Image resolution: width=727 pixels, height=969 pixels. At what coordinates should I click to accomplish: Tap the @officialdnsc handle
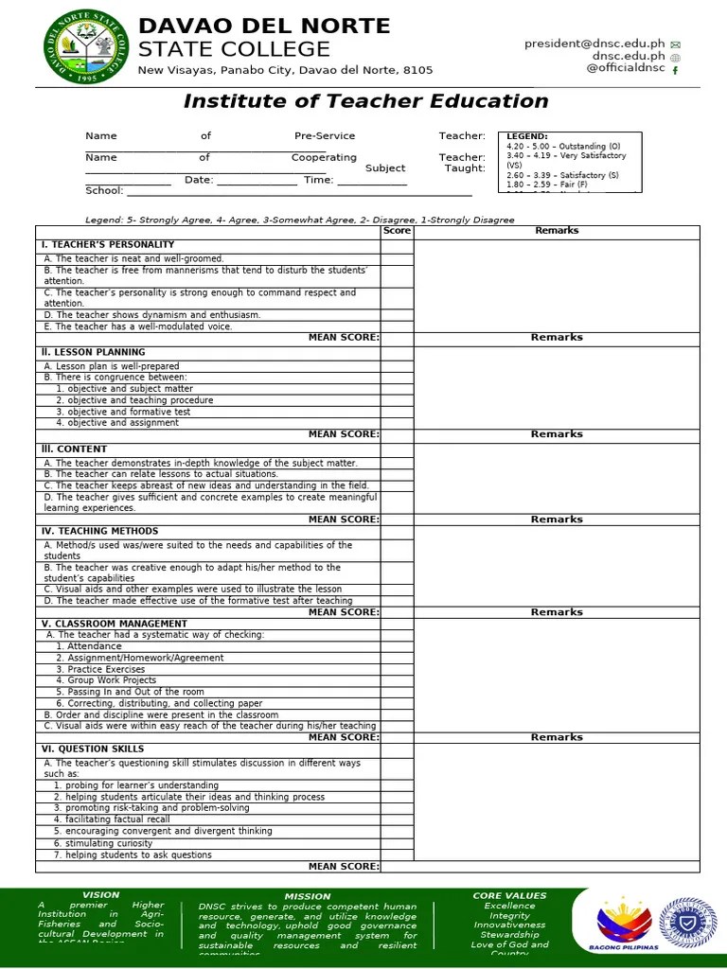point(626,68)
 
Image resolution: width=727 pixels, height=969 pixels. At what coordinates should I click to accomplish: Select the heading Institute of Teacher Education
point(365,101)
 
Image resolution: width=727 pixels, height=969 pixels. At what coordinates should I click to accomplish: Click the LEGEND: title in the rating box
point(527,136)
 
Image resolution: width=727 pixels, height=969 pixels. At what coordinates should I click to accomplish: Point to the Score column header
point(397,231)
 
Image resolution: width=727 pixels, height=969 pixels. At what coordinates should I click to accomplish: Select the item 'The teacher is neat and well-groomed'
point(133,258)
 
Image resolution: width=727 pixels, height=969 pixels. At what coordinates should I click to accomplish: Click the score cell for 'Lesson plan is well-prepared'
point(397,366)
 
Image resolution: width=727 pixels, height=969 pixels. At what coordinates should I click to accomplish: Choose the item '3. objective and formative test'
point(123,412)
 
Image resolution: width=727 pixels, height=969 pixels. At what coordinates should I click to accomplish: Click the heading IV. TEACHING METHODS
point(98,532)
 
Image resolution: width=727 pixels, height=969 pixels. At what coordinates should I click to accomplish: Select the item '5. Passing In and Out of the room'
point(130,692)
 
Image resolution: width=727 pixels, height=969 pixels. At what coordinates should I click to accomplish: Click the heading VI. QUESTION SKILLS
point(92,749)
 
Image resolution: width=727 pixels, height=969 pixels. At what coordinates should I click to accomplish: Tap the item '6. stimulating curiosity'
point(104,843)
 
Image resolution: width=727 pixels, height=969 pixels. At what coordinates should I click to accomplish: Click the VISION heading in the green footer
point(101,895)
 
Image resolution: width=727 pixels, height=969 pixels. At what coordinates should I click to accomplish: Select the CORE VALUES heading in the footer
point(509,895)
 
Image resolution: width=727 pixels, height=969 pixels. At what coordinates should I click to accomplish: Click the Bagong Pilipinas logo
point(623,924)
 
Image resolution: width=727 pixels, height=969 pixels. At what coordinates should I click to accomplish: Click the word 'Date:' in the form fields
point(199,180)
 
